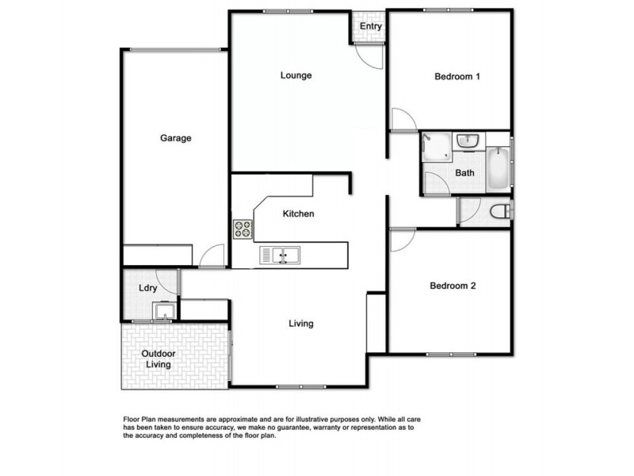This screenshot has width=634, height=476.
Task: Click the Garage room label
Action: coord(176,138)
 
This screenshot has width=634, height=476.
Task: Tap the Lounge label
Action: coord(296,76)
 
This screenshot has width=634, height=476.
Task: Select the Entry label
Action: coord(371,26)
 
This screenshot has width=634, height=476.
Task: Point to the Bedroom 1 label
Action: coord(458,77)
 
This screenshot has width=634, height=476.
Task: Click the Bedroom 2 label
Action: coord(453,286)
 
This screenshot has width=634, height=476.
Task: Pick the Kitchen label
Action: coord(299,214)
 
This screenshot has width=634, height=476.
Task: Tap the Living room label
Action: coord(301,324)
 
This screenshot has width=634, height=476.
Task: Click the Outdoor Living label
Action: coord(158,359)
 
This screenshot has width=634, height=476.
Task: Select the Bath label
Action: coord(465,173)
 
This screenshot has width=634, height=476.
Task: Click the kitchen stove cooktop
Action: coord(243,229)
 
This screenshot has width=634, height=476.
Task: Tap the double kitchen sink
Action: coord(280,255)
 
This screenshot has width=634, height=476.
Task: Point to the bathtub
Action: coord(497,167)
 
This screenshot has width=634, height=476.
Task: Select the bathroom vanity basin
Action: coord(468,140)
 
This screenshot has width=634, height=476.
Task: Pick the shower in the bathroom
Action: coord(435,146)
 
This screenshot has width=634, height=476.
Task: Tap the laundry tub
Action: coord(165,311)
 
